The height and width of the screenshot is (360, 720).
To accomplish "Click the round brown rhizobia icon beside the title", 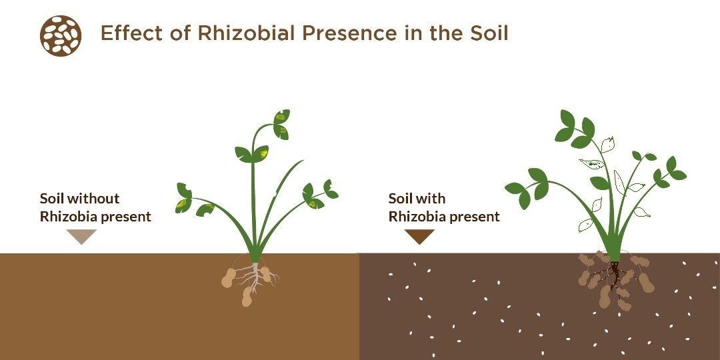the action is tap(61, 36).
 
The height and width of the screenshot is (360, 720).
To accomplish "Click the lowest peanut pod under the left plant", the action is tap(247, 297).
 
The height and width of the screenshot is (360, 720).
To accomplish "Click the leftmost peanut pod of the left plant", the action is tap(228, 278).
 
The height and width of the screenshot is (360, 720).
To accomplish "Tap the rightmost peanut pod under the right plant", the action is tap(645, 283).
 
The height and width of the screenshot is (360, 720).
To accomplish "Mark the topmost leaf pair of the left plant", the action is tap(281, 125).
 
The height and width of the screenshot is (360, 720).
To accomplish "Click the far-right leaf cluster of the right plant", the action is tap(671, 171).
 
